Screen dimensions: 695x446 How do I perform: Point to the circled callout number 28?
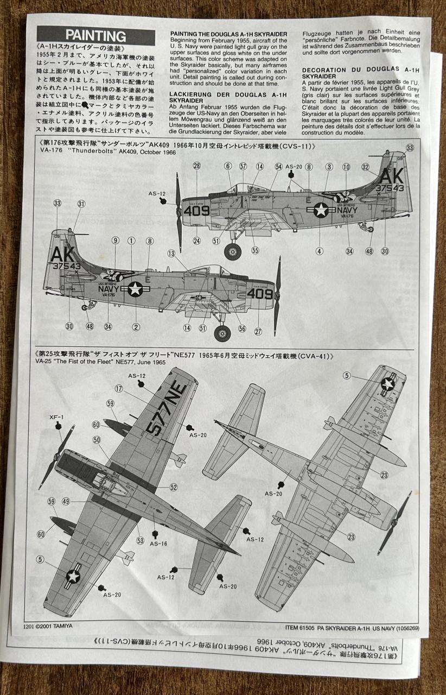click(196, 166)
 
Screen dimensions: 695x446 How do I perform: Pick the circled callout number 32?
click(366, 167)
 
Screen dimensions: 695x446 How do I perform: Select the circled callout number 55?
click(255, 251)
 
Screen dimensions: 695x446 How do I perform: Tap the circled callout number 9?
click(116, 241)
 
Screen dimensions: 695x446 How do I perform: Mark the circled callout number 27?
click(258, 331)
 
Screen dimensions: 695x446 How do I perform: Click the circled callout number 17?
click(118, 389)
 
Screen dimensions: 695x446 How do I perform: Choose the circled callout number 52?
click(173, 488)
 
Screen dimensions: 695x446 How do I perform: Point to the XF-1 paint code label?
click(56, 418)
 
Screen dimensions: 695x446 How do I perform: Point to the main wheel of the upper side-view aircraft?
click(233, 251)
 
